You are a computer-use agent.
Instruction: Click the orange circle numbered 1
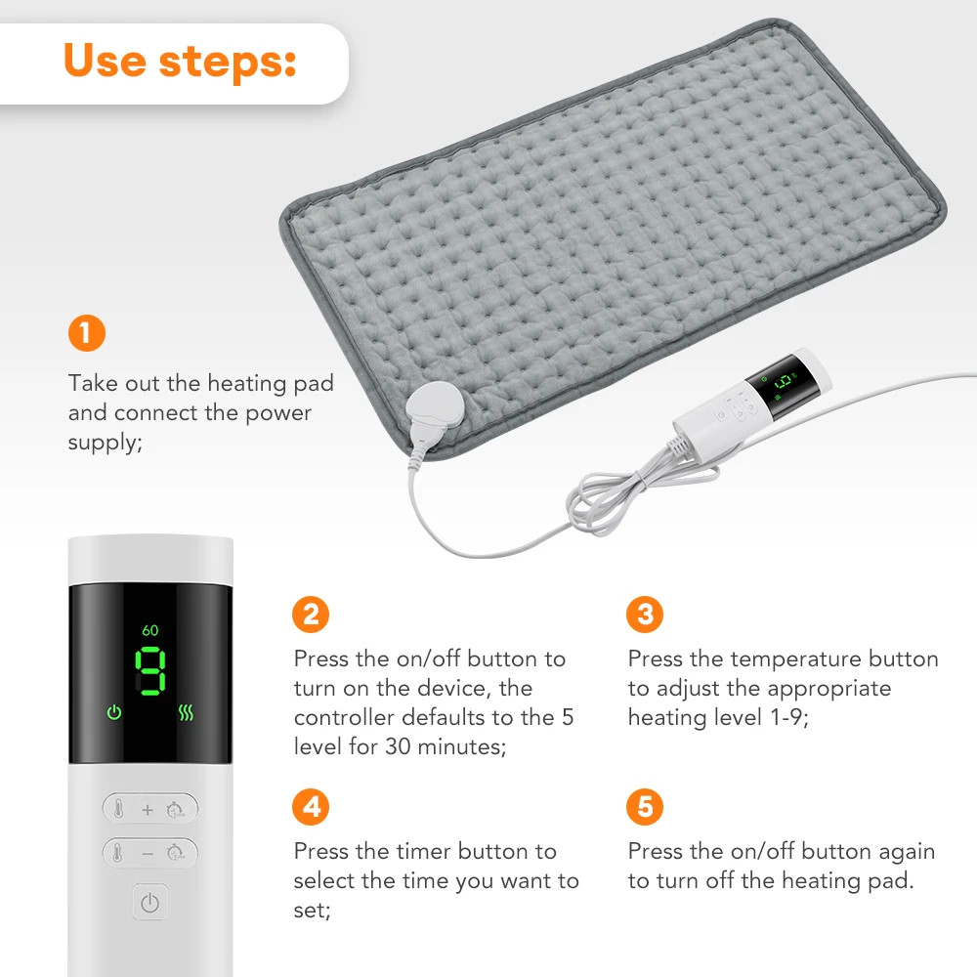click(x=86, y=333)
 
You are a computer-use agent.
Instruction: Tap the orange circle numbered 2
click(x=311, y=615)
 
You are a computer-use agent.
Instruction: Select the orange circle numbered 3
click(x=644, y=615)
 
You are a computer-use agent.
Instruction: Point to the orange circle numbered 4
click(x=311, y=807)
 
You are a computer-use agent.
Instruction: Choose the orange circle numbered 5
click(x=644, y=807)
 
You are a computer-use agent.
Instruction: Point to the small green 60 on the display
click(x=150, y=630)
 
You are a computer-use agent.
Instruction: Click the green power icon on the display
click(x=114, y=712)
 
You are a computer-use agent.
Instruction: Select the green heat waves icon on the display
click(x=187, y=712)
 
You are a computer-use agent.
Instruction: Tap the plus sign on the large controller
click(x=148, y=809)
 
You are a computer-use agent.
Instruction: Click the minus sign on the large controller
click(x=148, y=853)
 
